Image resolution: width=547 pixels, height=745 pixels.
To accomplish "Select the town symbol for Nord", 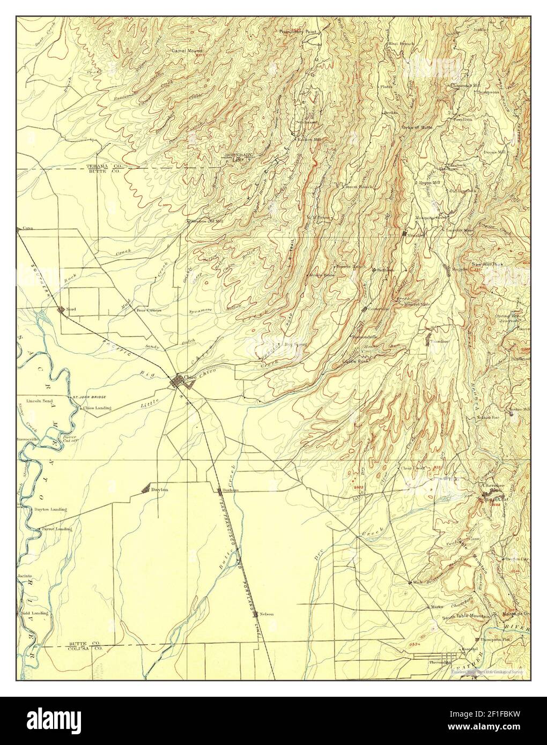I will [x=62, y=309].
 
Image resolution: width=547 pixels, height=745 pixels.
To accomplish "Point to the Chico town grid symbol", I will [x=177, y=382].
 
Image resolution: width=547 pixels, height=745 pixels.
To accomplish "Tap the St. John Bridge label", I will [x=89, y=397].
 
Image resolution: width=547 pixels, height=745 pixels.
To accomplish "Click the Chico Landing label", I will [x=97, y=408].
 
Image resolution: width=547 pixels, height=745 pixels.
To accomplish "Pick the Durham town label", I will [x=229, y=490].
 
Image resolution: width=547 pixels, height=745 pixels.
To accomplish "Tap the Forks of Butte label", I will [x=417, y=128].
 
